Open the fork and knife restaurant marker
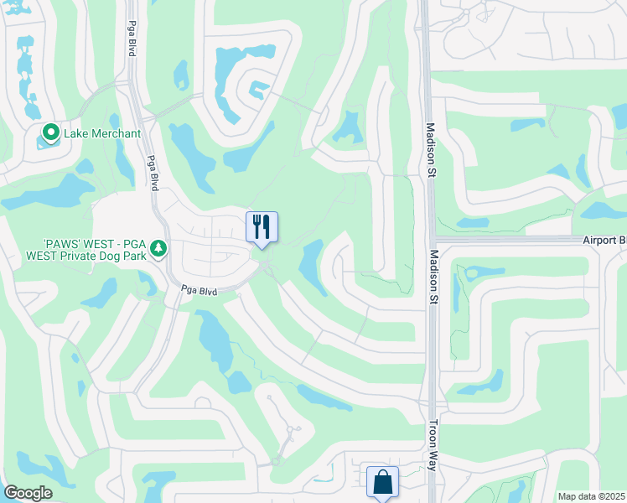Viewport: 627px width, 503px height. (x=262, y=226)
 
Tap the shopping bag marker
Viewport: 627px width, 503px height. (x=382, y=482)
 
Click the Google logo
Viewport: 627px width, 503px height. (x=28, y=492)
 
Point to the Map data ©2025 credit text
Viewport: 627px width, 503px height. (x=591, y=496)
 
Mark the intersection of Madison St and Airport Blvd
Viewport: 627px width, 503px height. (x=433, y=240)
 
